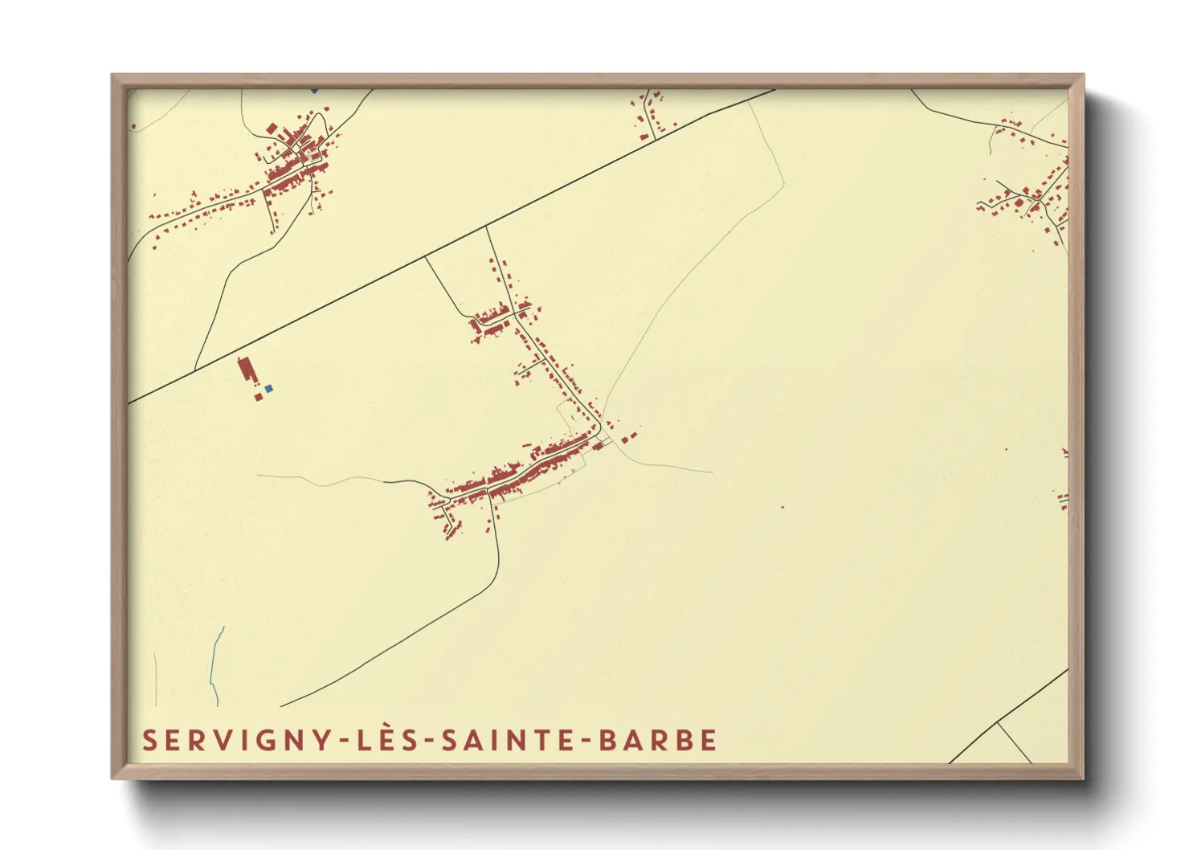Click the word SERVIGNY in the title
click(x=236, y=740)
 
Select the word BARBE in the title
click(x=658, y=740)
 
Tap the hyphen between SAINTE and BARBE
click(x=587, y=741)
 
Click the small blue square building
click(x=268, y=388)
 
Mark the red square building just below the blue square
click(x=258, y=397)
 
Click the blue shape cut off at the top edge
click(x=314, y=90)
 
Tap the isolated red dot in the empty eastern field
click(x=782, y=508)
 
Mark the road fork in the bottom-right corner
click(x=997, y=722)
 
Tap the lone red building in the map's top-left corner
click(x=133, y=127)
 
